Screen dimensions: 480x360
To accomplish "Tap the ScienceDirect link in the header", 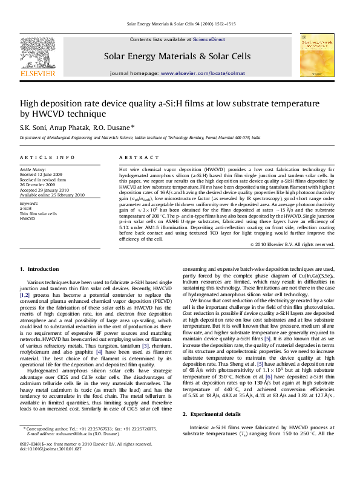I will pos(209,39).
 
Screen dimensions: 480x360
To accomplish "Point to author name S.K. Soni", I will pos(34,128).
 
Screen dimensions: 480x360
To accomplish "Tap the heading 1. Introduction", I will pos(39,285).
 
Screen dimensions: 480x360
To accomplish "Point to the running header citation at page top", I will pos(180,24).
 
